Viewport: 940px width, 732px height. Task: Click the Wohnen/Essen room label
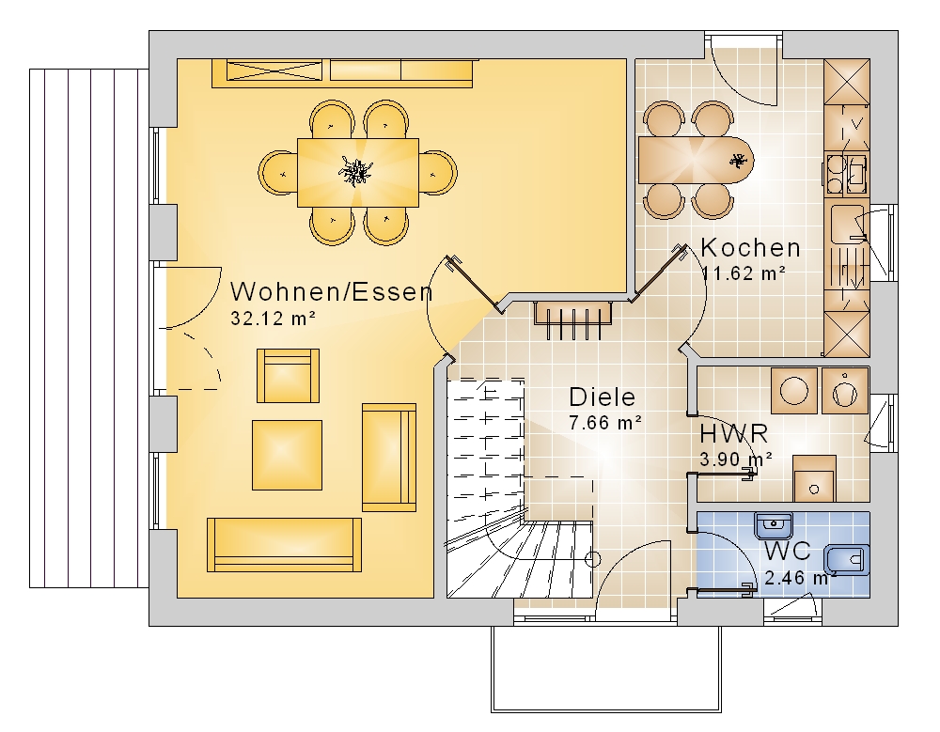point(332,292)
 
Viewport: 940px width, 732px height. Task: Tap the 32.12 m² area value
point(274,319)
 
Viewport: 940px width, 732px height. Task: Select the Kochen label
point(750,247)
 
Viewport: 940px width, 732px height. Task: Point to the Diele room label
point(602,397)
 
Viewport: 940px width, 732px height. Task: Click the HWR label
point(734,433)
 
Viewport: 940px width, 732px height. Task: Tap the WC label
point(787,551)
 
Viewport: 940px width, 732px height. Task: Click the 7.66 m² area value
point(605,423)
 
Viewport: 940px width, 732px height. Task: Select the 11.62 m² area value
point(744,273)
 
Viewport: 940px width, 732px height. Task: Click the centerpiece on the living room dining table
point(356,171)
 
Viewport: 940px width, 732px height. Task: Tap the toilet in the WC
point(847,560)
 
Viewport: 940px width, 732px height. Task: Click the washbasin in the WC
point(774,526)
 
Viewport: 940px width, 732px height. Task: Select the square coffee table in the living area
point(287,455)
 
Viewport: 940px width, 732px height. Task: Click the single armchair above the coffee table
point(288,376)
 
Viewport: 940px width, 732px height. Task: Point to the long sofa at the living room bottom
point(284,545)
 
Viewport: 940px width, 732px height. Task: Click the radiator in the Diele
point(573,319)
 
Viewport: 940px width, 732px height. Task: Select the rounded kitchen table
point(696,161)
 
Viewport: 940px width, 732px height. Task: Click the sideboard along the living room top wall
point(342,73)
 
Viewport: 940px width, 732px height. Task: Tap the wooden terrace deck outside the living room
point(88,328)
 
